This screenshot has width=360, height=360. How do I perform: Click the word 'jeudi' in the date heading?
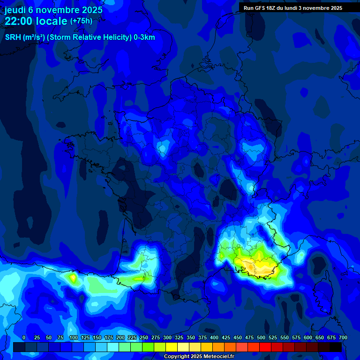coord(15,10)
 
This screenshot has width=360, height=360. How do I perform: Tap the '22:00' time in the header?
coord(18,21)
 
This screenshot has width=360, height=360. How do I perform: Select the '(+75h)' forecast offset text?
coord(81,21)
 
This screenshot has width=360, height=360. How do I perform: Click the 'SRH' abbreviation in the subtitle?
coord(13,37)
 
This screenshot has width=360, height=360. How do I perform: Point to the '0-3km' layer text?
coord(144,37)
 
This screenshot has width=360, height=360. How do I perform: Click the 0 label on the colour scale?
coord(24,338)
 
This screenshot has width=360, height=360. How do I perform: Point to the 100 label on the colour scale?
coord(74,338)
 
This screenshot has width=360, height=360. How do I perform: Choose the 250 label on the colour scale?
coord(144,338)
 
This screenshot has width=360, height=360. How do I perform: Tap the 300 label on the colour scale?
coord(167,338)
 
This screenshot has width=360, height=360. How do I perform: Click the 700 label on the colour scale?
coord(343,338)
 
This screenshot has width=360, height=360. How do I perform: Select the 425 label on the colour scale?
coord(226,338)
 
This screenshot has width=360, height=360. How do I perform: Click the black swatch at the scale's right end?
coord(336,347)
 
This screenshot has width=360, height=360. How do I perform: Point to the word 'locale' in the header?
coord(51,21)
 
